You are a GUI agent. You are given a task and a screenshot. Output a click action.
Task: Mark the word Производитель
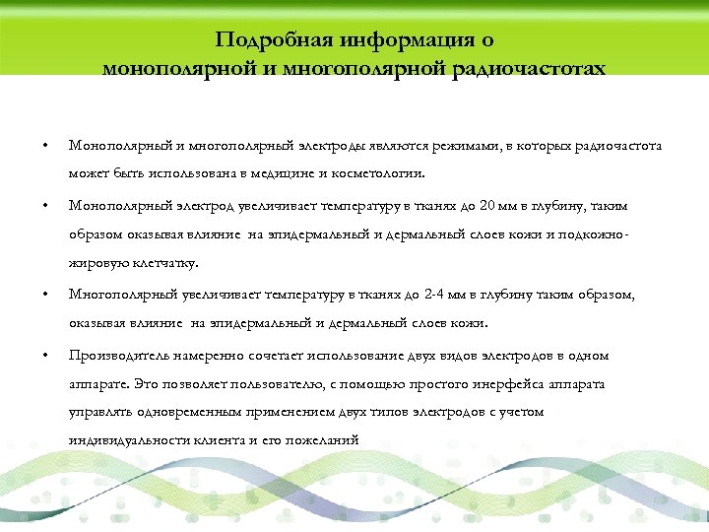[116, 356]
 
